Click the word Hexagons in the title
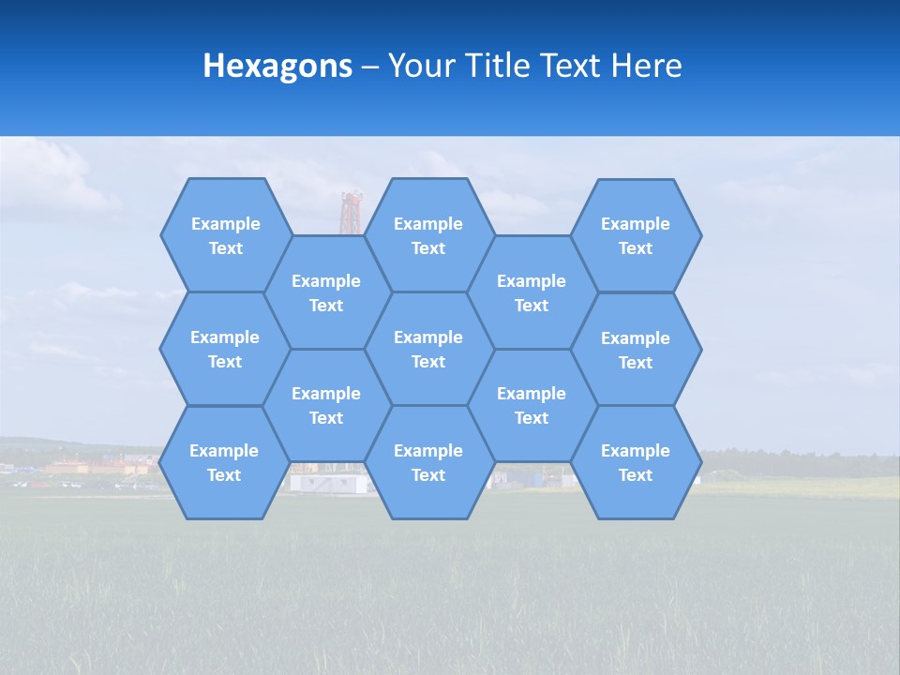point(277,66)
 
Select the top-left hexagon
point(225,235)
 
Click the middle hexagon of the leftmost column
point(225,349)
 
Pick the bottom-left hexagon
point(224,462)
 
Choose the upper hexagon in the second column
point(326,292)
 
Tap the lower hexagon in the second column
point(326,405)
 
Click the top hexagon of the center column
point(428,235)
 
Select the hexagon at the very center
point(428,349)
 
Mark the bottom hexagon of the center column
point(428,462)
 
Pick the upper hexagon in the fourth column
point(532,292)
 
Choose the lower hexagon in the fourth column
point(532,405)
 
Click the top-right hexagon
point(636,235)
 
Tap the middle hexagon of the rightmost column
point(636,350)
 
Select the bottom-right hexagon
point(636,462)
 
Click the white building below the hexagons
point(323,482)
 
